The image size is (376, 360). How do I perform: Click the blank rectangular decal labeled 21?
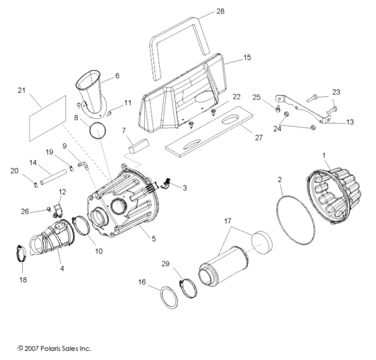click(48, 116)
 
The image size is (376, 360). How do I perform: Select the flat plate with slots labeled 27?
click(212, 133)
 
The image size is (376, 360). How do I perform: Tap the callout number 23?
click(336, 91)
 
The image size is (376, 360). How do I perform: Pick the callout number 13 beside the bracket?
click(350, 122)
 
